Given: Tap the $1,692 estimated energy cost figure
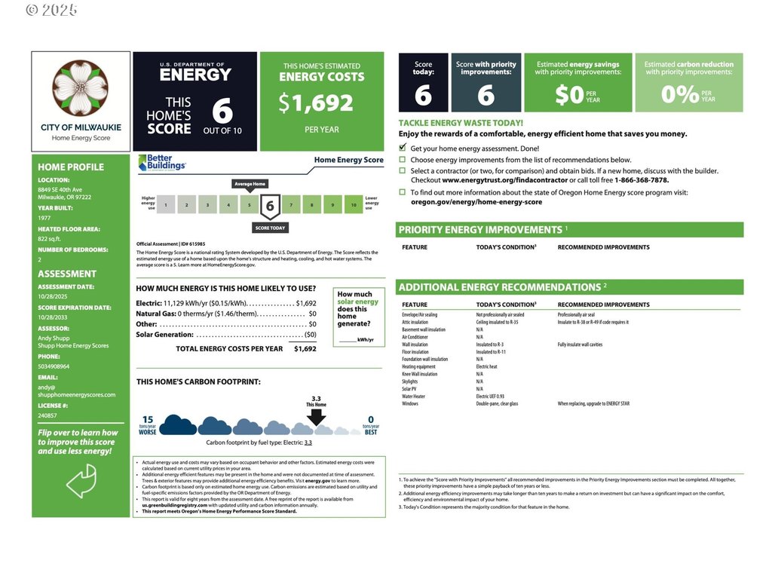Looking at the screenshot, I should click(315, 102).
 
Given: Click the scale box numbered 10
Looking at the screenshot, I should click(353, 204).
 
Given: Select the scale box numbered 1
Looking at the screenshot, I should click(166, 204).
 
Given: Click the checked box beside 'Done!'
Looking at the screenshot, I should click(403, 149).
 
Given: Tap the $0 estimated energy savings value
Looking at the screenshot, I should click(570, 95).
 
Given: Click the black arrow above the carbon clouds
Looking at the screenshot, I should click(317, 416).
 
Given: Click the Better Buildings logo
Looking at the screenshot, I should click(162, 163).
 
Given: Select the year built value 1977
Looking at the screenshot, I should click(45, 217).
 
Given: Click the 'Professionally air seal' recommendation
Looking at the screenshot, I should click(576, 314).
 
